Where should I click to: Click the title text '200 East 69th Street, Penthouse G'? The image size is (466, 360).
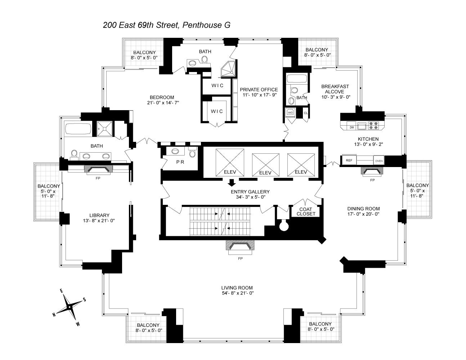[x=166, y=25]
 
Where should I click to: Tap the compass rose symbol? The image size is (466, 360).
[x=69, y=307]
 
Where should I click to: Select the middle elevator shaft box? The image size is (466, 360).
[x=265, y=164]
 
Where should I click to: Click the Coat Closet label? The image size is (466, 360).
[x=306, y=211]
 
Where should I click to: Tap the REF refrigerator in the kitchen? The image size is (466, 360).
[x=349, y=160]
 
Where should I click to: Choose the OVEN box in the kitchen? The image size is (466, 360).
[x=378, y=161]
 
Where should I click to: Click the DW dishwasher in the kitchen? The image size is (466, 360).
[x=351, y=127]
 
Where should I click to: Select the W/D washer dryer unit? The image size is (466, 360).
[x=290, y=112]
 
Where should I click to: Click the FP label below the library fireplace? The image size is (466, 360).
[x=98, y=178]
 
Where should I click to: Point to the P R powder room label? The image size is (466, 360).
[x=180, y=162]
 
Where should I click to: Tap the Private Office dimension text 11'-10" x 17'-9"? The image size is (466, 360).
[x=259, y=95]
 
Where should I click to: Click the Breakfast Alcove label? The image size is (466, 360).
[x=335, y=89]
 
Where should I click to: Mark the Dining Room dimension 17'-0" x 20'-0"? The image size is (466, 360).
[x=363, y=214]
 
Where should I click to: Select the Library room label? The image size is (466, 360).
[x=99, y=215]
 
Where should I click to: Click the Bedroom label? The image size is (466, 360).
[x=162, y=97]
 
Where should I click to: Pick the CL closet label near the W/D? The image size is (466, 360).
[x=306, y=112]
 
